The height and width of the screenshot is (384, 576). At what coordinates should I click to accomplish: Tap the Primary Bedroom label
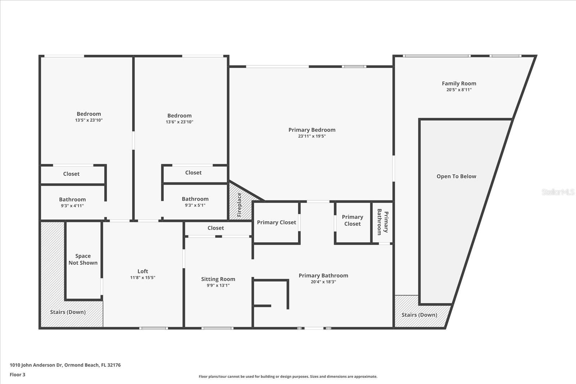(312, 130)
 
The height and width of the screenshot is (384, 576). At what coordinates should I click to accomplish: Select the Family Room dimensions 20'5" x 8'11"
(459, 90)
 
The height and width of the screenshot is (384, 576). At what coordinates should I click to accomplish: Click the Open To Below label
(456, 176)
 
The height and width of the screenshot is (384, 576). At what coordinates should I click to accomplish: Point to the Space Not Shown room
(83, 259)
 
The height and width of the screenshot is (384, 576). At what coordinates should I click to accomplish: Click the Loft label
(143, 271)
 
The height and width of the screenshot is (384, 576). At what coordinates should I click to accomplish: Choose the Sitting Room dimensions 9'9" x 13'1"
(218, 285)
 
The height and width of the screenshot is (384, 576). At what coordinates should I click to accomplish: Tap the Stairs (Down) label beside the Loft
(68, 312)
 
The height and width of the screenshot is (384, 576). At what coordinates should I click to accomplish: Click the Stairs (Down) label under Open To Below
(419, 315)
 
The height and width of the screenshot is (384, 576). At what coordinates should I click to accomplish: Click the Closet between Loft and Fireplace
(216, 228)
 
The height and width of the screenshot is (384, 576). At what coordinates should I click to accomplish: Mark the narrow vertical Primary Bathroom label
(382, 222)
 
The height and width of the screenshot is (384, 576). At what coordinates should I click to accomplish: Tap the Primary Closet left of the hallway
(276, 222)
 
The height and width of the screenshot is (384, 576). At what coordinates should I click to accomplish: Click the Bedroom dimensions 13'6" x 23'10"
(179, 122)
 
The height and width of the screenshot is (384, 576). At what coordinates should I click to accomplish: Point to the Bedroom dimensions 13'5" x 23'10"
(89, 120)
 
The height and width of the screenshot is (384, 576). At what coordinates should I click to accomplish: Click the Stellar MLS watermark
(558, 192)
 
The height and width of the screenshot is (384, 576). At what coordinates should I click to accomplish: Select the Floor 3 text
(17, 375)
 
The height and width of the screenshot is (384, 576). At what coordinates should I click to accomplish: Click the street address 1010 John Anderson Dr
(65, 365)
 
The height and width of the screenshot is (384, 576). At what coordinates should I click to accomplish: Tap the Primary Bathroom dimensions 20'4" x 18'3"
(323, 282)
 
